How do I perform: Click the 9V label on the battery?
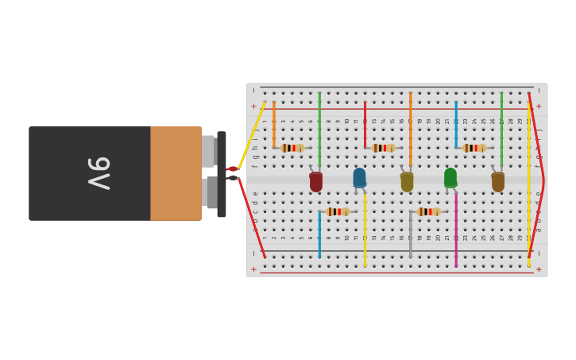coord(99,173)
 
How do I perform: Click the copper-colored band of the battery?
coord(176,173)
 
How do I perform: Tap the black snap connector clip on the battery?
coord(221,174)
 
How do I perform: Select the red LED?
coord(316,182)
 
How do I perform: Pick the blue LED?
coord(360,178)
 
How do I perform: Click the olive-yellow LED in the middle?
coord(407,182)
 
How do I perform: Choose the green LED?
coord(450,178)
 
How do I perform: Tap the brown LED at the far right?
coord(498,182)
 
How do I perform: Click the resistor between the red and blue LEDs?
coord(338,211)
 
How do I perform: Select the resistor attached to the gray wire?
coord(429,211)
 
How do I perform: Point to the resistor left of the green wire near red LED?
coord(292,148)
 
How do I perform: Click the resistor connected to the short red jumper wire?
coord(384,148)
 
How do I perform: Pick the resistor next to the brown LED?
coord(474,148)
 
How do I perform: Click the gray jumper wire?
coord(411,234)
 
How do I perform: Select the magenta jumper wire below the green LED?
coord(456,234)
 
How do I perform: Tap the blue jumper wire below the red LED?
coord(319,234)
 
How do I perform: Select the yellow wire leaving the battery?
coord(251,136)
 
